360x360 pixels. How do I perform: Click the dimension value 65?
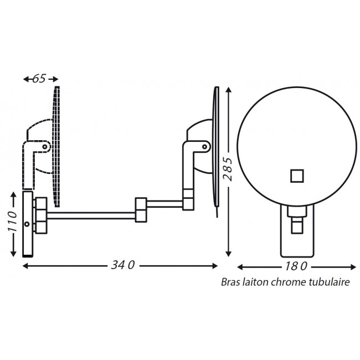tap(39, 79)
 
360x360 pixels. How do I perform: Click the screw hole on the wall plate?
tap(27, 224)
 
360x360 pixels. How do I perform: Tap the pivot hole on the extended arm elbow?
tap(204, 147)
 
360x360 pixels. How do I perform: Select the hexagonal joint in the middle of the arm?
tap(141, 208)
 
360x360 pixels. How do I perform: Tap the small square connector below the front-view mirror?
tap(297, 226)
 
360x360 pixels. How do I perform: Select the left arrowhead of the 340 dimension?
tap(25, 265)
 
